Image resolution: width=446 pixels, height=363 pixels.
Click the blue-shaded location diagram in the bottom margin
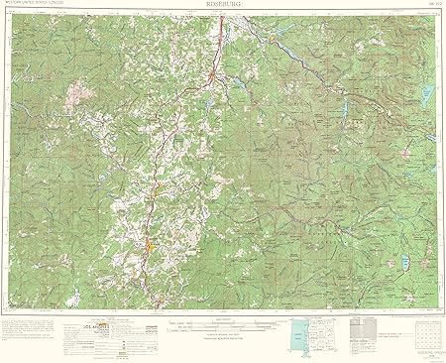point(295,331)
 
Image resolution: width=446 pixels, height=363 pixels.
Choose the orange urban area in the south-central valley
point(147,241)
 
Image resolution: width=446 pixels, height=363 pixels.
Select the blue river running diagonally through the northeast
point(297,50)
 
